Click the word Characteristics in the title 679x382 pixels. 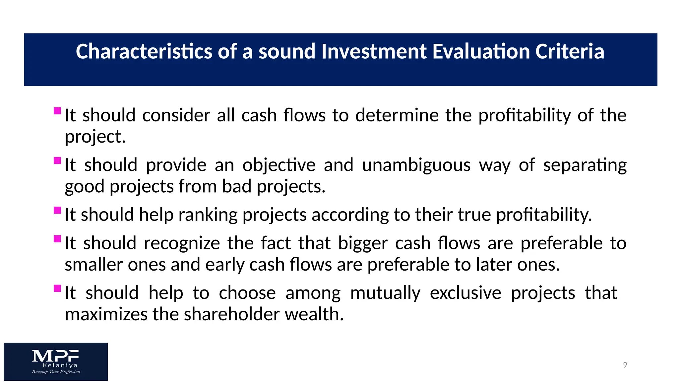(x=144, y=52)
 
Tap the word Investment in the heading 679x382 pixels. (x=374, y=52)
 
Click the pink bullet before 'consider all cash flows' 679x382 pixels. (x=57, y=111)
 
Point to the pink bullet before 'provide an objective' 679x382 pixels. (x=57, y=160)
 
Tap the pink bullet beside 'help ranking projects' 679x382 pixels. (x=57, y=210)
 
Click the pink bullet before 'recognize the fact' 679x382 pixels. (x=57, y=239)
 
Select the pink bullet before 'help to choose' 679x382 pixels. (x=57, y=288)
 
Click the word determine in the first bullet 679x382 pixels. (x=397, y=115)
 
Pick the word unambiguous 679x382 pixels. (x=416, y=165)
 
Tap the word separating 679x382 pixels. (x=585, y=165)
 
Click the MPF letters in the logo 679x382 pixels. (x=55, y=356)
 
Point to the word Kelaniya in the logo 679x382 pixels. (x=60, y=365)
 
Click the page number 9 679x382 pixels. (x=625, y=365)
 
